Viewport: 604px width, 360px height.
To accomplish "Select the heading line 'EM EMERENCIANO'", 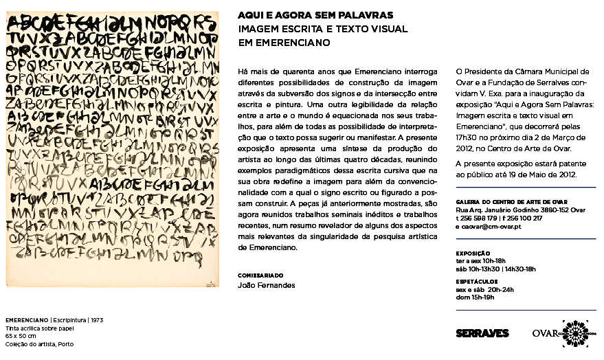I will point(284,42).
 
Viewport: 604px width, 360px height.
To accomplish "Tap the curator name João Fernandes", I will point(267,284).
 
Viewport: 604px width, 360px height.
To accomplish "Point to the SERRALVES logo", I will point(482,333).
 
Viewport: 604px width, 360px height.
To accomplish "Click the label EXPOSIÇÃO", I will point(472,253).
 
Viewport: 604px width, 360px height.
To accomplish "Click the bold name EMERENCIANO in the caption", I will point(25,321).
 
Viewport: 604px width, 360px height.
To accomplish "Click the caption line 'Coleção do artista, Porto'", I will point(40,344).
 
